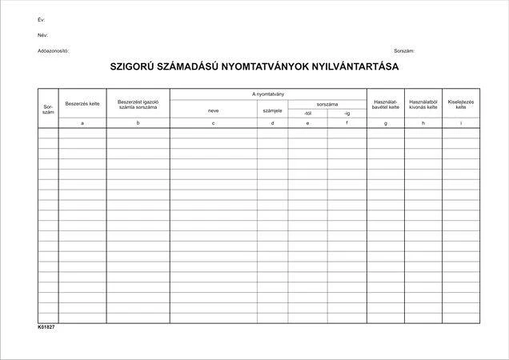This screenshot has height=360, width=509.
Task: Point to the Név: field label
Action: point(42,35)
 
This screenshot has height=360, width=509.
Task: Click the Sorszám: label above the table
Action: point(404,50)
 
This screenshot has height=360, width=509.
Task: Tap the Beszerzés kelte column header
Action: point(82,104)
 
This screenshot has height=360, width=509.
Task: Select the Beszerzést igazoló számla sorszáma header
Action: point(138,104)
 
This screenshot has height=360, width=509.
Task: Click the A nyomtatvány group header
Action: point(268,94)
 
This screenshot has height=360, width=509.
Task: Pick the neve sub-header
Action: point(213,111)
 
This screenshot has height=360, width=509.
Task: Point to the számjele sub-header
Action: point(272,111)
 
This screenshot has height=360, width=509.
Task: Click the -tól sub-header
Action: point(307,114)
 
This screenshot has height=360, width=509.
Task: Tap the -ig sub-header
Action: point(347,114)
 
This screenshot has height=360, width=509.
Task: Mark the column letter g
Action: point(387,123)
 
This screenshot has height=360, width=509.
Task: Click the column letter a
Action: point(82,123)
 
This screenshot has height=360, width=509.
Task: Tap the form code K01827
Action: point(46,327)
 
